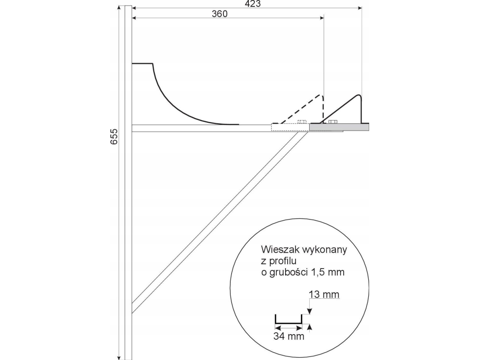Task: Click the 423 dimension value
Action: coord(253,4)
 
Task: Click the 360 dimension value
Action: coord(220,14)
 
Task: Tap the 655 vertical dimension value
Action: coord(113,137)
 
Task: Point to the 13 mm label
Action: coord(324,294)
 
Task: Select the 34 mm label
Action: coord(289,336)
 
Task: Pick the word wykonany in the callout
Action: coord(325,250)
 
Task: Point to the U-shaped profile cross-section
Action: coord(289,319)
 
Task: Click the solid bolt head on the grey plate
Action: coord(333,122)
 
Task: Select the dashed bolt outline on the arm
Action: coord(302,122)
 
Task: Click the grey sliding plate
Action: coord(339,127)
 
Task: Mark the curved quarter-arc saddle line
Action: coord(185,94)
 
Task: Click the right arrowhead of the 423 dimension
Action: coord(360,8)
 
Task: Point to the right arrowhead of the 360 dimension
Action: coord(322,18)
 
